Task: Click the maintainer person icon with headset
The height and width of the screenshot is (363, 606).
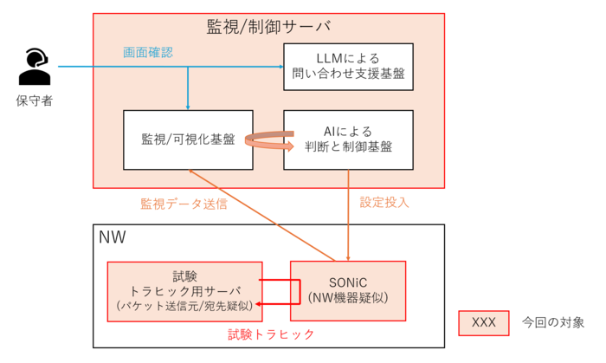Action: click(35, 67)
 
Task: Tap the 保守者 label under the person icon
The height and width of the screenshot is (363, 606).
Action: click(35, 100)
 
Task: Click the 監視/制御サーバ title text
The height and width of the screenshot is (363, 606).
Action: click(268, 27)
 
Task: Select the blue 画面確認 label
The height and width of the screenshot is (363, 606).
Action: click(148, 53)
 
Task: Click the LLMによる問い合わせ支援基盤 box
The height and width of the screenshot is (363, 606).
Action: click(348, 67)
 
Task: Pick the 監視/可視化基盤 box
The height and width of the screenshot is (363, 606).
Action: click(188, 140)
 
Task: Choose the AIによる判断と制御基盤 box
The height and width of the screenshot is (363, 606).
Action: click(348, 140)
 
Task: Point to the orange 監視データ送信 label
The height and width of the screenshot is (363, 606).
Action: click(184, 204)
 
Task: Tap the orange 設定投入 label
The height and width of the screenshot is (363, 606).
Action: click(384, 202)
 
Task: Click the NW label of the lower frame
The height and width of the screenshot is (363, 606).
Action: click(112, 237)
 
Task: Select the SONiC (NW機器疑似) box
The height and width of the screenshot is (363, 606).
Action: click(348, 291)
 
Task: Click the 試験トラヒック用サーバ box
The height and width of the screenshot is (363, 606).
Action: click(184, 291)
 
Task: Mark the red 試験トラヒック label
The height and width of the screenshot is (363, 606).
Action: click(271, 334)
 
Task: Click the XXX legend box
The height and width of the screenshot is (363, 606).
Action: click(483, 323)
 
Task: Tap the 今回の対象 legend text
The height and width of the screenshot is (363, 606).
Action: click(553, 322)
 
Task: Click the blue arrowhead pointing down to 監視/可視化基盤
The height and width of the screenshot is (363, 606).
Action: click(188, 107)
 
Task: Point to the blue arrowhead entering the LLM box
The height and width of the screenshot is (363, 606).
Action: click(281, 67)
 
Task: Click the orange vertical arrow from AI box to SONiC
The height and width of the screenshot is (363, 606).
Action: click(348, 216)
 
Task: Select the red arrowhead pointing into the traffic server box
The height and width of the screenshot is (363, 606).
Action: click(258, 304)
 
